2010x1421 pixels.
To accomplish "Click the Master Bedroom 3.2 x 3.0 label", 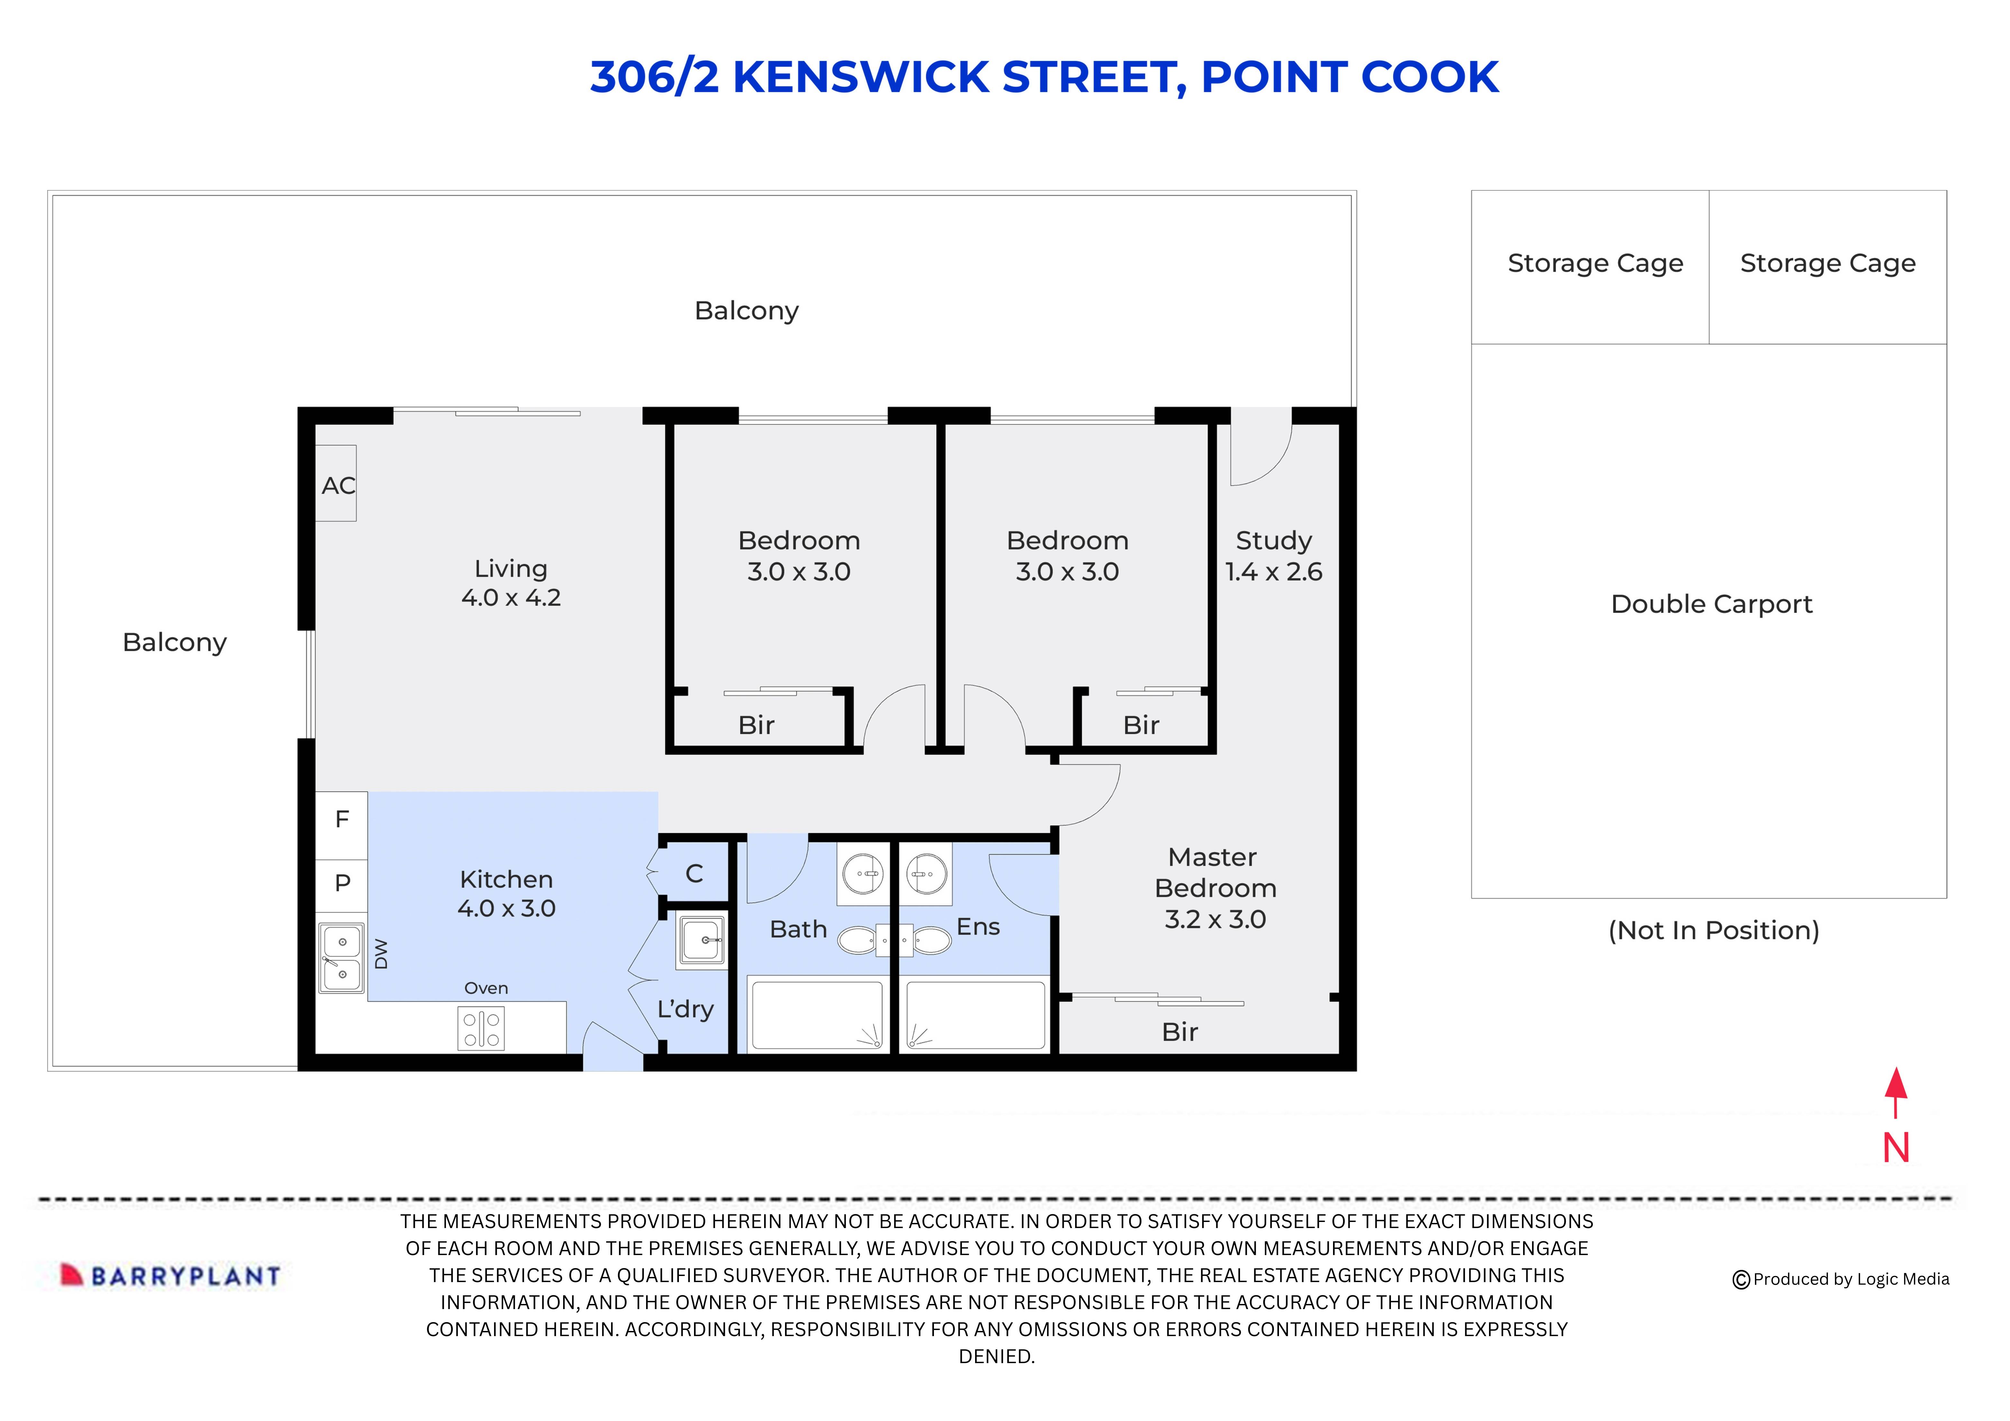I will click(x=1215, y=888).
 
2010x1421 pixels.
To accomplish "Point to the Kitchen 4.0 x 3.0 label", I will click(x=506, y=893).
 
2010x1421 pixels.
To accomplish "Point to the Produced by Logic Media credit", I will click(x=1841, y=1279).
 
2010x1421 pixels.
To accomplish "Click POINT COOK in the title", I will click(x=1349, y=77).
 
